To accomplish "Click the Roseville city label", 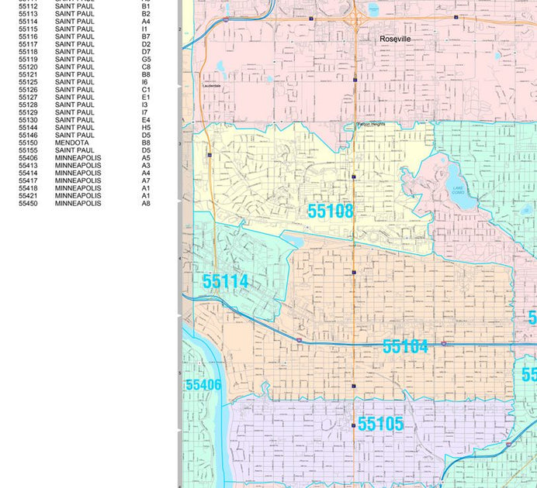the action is click(395, 38).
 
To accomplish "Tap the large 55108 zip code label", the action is click(330, 211).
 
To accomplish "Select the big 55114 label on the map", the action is click(225, 281).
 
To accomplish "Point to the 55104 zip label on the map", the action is click(405, 346).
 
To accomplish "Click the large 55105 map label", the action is click(380, 424).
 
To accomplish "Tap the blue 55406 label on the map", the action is click(203, 385).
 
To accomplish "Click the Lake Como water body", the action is click(454, 184).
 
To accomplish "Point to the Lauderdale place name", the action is click(211, 85).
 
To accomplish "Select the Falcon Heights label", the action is click(371, 124).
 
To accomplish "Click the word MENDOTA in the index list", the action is click(71, 143).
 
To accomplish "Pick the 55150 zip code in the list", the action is click(28, 143).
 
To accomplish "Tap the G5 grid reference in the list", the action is click(146, 59).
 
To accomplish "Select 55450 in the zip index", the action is click(28, 203).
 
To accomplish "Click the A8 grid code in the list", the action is click(146, 203).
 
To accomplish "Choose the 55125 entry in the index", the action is click(28, 82).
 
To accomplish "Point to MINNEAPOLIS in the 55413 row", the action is click(78, 165).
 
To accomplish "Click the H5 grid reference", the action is click(146, 128).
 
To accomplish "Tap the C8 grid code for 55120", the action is click(146, 67).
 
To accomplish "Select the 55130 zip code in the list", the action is click(28, 120).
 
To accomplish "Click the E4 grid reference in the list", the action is click(146, 120).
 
